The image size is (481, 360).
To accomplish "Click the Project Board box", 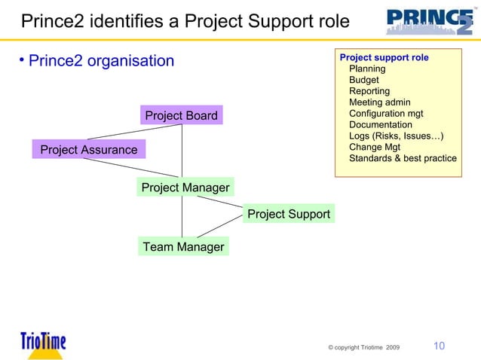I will pyautogui.click(x=181, y=115).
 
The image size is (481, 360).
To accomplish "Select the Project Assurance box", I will pyautogui.click(x=89, y=150).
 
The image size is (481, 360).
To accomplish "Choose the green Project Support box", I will pyautogui.click(x=289, y=215).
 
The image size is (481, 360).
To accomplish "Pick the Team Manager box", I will pyautogui.click(x=183, y=246).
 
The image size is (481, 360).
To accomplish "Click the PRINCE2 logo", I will pyautogui.click(x=430, y=22).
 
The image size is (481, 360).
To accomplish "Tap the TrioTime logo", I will pyautogui.click(x=43, y=342).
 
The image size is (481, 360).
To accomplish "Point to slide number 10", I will pyautogui.click(x=438, y=346).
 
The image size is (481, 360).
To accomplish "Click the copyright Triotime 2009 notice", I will pyautogui.click(x=365, y=347).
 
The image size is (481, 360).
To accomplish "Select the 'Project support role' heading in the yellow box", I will pyautogui.click(x=384, y=57).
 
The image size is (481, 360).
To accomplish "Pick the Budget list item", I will pyautogui.click(x=364, y=80).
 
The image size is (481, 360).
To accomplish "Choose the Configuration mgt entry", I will pyautogui.click(x=386, y=114).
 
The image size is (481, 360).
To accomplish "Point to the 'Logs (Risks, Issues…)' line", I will pyautogui.click(x=396, y=136).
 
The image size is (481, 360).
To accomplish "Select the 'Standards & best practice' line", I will pyautogui.click(x=403, y=158).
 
